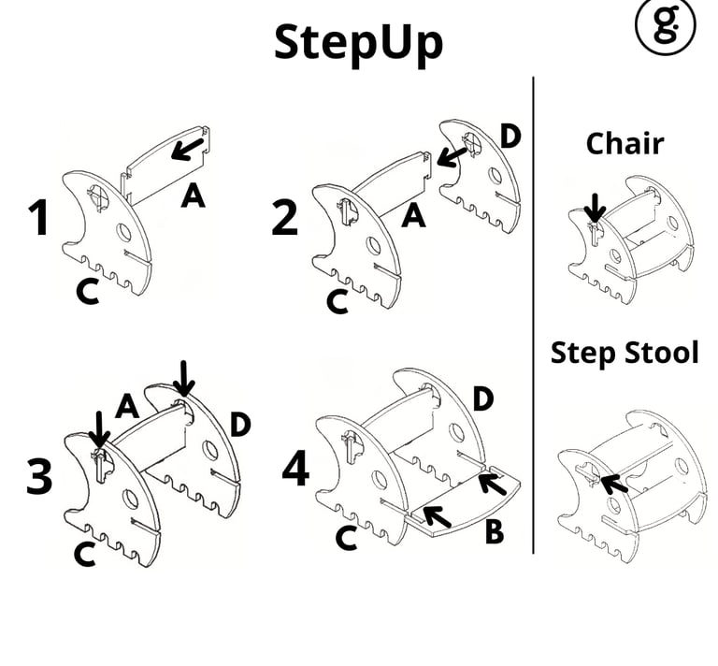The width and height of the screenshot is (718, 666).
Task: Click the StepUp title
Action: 358,42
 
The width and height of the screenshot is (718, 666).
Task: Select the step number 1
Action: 38,218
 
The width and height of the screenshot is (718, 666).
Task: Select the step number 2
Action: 284,218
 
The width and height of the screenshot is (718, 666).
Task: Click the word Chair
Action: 625,144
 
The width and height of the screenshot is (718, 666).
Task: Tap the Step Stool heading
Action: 625,353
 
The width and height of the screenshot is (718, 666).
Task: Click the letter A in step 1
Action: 193,196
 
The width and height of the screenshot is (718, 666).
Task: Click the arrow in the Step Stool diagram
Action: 612,484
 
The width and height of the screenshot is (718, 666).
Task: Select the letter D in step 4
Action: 483,398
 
